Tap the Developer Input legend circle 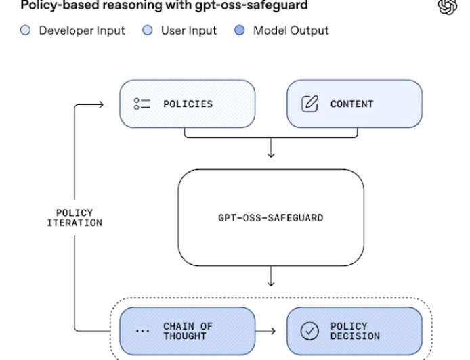(x=26, y=30)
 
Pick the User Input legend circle (x=146, y=30)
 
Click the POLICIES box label (x=188, y=104)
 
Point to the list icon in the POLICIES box (x=142, y=104)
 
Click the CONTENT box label (x=351, y=104)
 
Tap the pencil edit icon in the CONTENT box (x=309, y=104)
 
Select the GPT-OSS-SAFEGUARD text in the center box (x=270, y=218)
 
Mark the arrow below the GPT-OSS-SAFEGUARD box (x=271, y=277)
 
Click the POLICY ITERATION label (x=74, y=218)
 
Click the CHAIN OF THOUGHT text (x=188, y=331)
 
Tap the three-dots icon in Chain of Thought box (x=142, y=332)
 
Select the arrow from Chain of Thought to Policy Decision (x=266, y=331)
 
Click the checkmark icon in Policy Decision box (x=309, y=331)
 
